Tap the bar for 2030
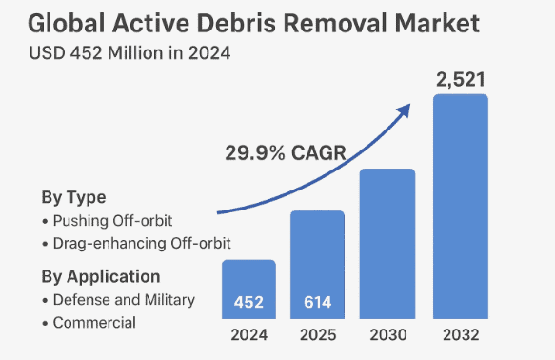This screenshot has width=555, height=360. [387, 245]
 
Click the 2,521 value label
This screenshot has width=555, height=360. [461, 79]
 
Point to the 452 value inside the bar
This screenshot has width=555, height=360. [248, 303]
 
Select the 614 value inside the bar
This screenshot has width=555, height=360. [317, 303]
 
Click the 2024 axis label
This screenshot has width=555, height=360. [248, 335]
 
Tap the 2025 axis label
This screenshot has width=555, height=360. [317, 335]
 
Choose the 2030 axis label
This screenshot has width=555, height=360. [387, 335]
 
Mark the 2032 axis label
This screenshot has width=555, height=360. [460, 335]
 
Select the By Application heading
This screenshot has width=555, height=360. [100, 277]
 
